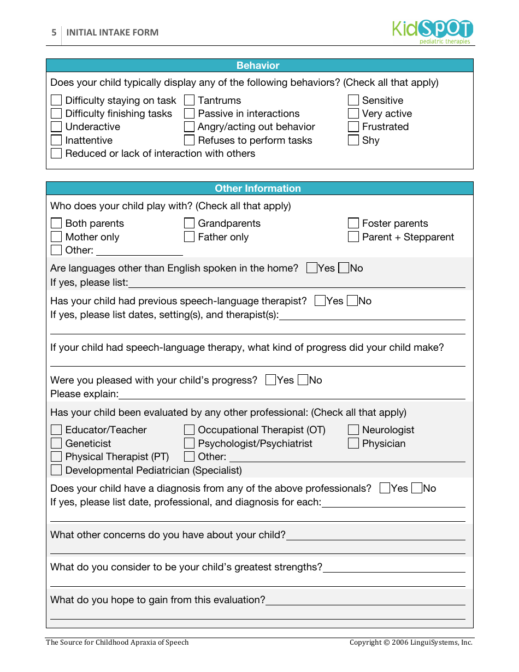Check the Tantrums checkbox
click(189, 100)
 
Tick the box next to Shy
click(353, 140)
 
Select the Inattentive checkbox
click(56, 140)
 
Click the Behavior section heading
click(258, 66)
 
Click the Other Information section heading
click(258, 188)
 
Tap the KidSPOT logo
click(432, 31)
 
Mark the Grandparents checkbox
click(189, 223)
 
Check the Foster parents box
click(353, 223)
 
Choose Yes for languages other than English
click(312, 268)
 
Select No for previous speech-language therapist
click(352, 300)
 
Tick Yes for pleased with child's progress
click(271, 380)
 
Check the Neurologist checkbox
click(353, 429)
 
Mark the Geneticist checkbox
click(56, 443)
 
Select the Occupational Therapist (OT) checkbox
click(189, 429)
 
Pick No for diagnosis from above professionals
click(417, 488)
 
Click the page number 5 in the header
click(54, 32)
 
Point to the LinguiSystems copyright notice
click(411, 642)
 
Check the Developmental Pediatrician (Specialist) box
click(56, 470)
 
